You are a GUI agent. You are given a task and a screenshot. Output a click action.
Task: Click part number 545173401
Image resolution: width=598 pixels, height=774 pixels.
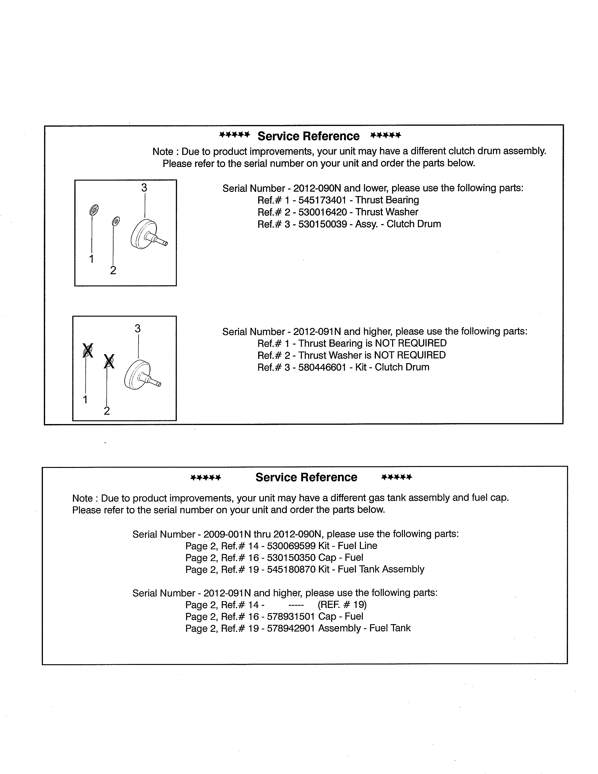[x=322, y=200]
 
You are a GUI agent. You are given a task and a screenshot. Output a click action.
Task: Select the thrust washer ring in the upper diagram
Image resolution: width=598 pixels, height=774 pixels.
[x=115, y=221]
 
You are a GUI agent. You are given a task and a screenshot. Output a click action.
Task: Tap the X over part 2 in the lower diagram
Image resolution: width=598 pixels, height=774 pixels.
[x=109, y=361]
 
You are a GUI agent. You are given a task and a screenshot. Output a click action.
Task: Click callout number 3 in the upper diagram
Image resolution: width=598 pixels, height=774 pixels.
[x=144, y=188]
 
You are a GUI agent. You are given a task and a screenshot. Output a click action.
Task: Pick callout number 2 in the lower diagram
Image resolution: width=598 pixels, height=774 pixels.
[x=107, y=411]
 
